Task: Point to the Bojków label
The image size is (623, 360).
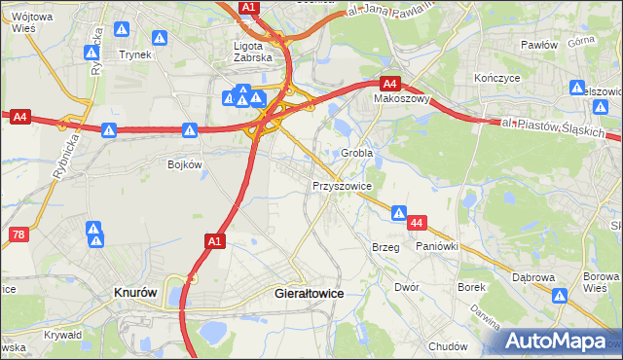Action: coord(185,164)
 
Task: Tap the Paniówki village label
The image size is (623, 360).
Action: coord(436,247)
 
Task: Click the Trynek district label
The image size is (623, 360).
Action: coord(135,55)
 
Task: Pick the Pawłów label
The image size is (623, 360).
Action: coord(538,46)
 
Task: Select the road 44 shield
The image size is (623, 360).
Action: coord(417,224)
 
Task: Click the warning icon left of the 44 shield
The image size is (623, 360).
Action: coord(399,213)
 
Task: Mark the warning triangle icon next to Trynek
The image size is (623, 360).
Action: coord(161,38)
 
